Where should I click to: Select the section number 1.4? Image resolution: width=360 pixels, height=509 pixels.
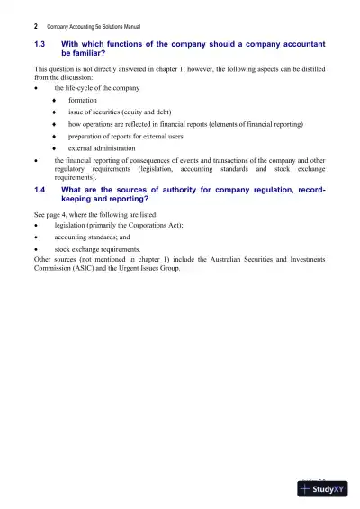point(40,190)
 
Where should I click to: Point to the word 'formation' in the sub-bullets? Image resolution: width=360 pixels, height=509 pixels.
point(83,100)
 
